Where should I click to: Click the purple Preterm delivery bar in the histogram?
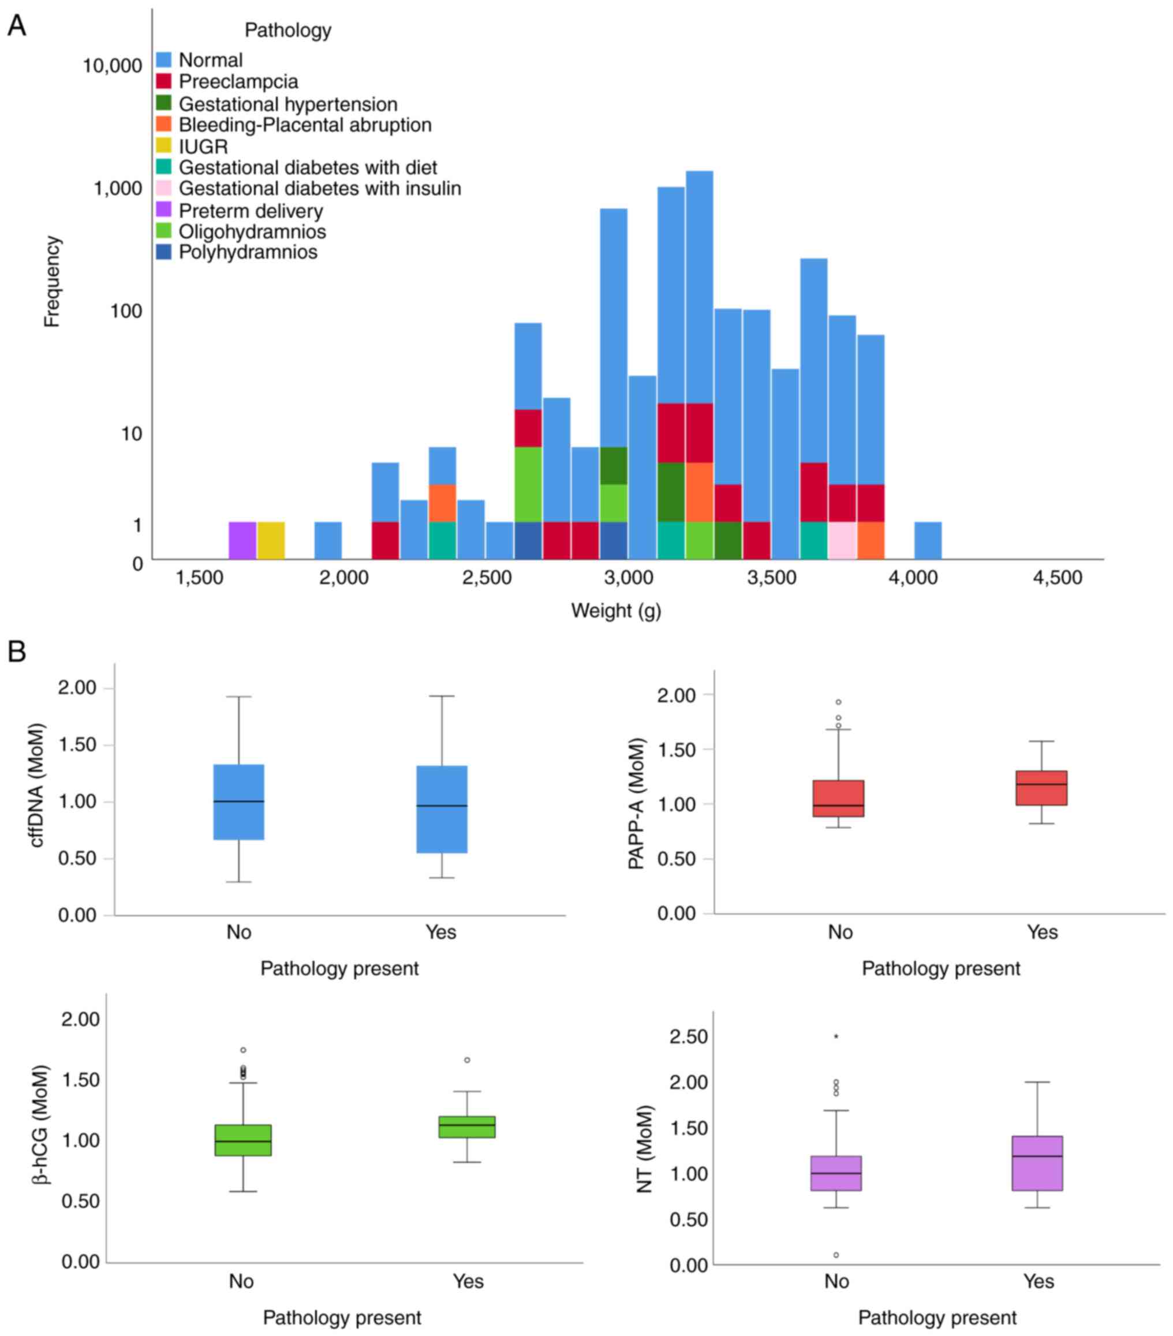pos(242,540)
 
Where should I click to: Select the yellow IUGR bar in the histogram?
pos(271,540)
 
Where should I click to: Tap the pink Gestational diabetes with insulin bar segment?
pos(842,540)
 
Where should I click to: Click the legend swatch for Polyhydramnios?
pos(164,252)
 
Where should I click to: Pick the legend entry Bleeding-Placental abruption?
pos(305,125)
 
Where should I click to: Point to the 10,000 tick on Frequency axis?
pos(112,65)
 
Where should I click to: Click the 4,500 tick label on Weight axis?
pos(1058,578)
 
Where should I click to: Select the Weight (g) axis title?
pos(616,611)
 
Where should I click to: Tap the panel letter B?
pos(16,652)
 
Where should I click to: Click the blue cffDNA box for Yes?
pos(442,809)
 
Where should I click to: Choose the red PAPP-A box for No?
pos(838,798)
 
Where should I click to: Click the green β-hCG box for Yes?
pos(467,1127)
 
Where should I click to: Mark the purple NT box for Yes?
pos(1037,1163)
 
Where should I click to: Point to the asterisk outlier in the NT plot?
pos(836,1036)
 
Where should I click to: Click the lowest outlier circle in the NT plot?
pos(836,1255)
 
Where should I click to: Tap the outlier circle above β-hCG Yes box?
pos(467,1060)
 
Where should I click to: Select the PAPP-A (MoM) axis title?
pos(636,803)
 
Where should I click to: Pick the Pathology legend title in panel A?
pos(287,30)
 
